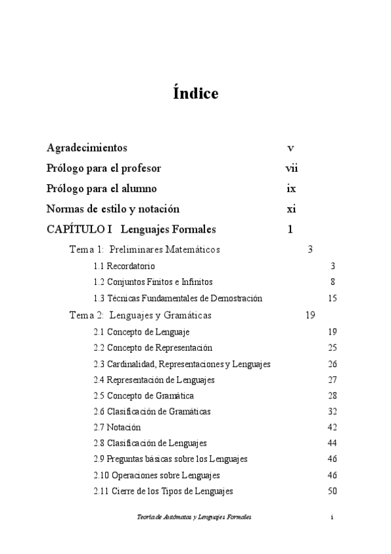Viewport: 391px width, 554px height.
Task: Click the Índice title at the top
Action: click(196, 94)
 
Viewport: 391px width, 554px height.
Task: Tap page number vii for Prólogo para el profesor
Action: click(292, 169)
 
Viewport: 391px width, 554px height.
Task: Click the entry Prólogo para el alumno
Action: click(101, 189)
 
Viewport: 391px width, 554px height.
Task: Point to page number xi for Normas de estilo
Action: click(292, 209)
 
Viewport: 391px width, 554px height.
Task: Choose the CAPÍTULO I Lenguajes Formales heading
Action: click(131, 229)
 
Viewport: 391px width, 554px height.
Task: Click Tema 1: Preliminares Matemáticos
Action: click(144, 250)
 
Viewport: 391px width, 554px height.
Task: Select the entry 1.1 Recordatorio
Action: click(124, 266)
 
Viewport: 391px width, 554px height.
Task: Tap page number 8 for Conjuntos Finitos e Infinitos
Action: click(332, 282)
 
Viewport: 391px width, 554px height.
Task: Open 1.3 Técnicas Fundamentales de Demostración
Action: click(178, 299)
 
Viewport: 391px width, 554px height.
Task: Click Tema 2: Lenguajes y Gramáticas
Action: click(140, 315)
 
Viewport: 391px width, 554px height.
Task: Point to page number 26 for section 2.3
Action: click(332, 364)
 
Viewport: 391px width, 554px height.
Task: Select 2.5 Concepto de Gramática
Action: click(144, 396)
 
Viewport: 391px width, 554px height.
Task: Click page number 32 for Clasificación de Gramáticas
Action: click(332, 412)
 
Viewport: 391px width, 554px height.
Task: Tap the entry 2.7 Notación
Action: click(117, 427)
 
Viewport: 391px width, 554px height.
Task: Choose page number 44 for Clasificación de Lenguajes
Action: click(332, 443)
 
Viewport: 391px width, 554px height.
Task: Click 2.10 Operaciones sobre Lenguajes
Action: click(157, 475)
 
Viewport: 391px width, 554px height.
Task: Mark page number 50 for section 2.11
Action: click(332, 491)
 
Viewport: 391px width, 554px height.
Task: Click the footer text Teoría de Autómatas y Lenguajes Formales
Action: click(194, 517)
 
